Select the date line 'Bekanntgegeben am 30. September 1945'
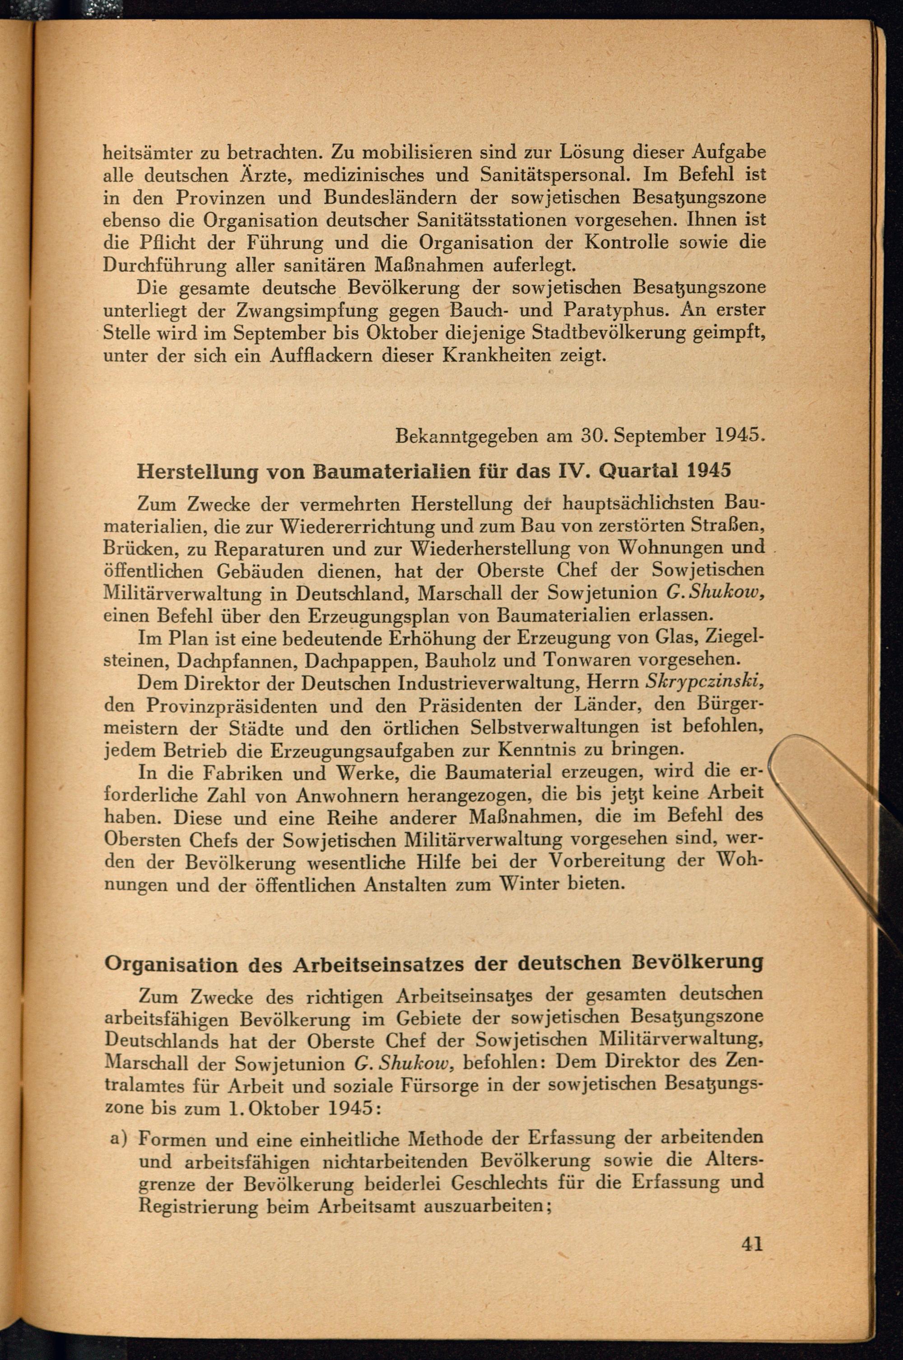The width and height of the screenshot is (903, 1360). coord(579,435)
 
